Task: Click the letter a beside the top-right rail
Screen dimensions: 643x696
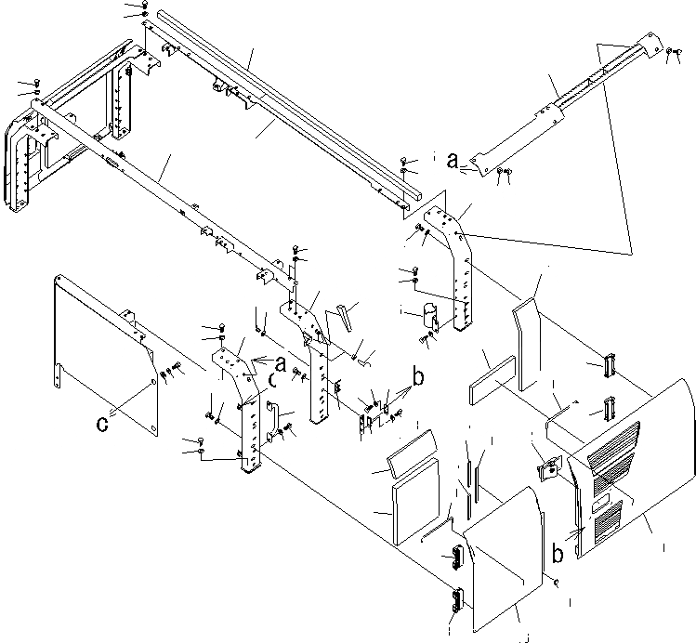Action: point(453,161)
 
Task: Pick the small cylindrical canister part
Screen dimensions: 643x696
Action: point(430,315)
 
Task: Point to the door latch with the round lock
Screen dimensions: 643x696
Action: point(548,467)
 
